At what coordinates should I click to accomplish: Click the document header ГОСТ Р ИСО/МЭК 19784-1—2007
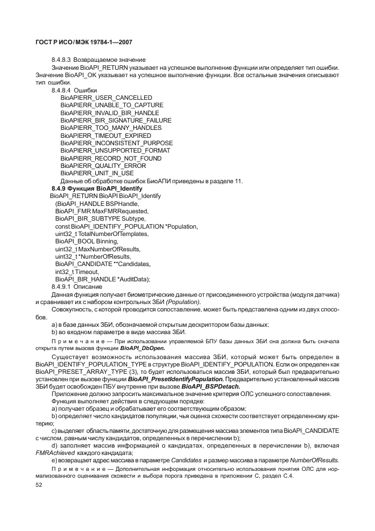tap(83, 43)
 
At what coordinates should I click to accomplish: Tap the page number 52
tap(39, 486)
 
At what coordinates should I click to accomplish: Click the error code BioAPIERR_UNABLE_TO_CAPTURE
tap(104, 106)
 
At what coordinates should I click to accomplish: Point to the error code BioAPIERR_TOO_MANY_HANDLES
tap(103, 128)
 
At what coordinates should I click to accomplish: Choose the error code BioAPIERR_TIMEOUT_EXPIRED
tap(98, 136)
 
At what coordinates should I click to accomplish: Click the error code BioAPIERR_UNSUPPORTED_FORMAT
tap(107, 151)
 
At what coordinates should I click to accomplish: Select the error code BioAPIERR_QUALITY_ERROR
tap(95, 166)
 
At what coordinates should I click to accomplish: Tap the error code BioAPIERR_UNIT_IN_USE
tap(89, 174)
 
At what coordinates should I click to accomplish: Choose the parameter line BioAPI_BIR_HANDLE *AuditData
tap(102, 279)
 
